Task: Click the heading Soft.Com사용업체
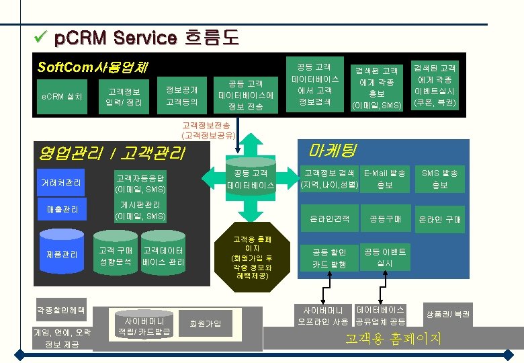tap(93, 67)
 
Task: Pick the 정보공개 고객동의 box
tap(181, 95)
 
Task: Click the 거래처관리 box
tap(62, 183)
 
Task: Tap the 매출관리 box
tap(62, 210)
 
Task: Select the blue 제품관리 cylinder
tap(62, 254)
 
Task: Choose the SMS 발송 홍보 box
tap(439, 178)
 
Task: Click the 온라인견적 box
tap(329, 219)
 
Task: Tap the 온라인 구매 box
tap(439, 219)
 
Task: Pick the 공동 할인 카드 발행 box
tap(329, 258)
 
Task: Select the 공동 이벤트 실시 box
tap(384, 257)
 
